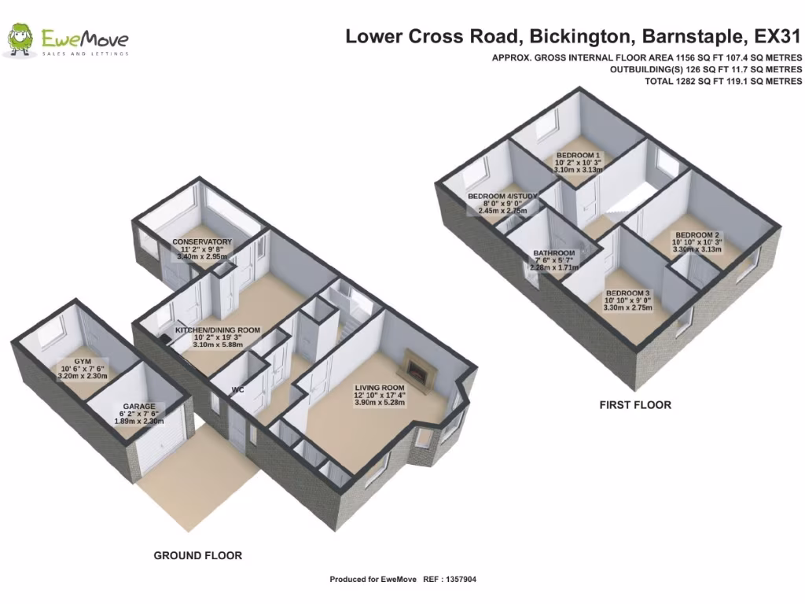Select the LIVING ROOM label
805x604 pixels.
[379, 388]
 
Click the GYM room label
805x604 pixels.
[82, 361]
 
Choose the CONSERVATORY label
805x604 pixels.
[202, 241]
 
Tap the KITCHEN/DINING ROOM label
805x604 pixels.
[218, 330]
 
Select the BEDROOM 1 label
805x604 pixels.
[578, 155]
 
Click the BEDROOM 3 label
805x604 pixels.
[628, 293]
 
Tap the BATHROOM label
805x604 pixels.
[553, 253]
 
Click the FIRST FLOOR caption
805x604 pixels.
[635, 405]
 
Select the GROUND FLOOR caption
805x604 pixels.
[197, 555]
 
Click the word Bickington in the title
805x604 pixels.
[581, 36]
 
